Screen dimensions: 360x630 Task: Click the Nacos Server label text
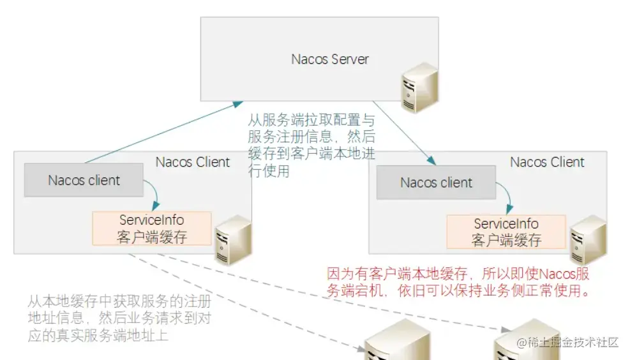point(330,59)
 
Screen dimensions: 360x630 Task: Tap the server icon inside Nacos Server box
point(419,89)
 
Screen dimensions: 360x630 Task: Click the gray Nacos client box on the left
point(84,180)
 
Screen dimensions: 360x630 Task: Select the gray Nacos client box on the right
point(436,183)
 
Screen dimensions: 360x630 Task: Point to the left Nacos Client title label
point(192,162)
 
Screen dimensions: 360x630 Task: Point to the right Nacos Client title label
point(547,162)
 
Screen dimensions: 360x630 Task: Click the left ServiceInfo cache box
point(152,229)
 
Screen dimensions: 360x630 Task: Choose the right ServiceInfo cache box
point(506,232)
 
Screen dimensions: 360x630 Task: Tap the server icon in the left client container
point(232,239)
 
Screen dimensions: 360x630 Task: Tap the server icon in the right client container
point(587,241)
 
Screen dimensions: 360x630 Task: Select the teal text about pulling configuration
point(311,145)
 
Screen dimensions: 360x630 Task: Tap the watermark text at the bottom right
point(567,343)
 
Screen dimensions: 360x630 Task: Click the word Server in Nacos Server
point(350,59)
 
